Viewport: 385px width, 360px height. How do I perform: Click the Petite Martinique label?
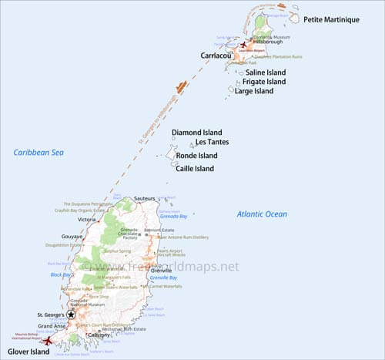(x=331, y=19)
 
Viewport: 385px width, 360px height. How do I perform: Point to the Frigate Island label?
(x=264, y=82)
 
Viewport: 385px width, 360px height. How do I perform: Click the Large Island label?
(x=253, y=91)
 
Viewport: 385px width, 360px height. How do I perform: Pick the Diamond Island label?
(x=196, y=132)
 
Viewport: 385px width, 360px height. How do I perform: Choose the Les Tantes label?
(x=212, y=142)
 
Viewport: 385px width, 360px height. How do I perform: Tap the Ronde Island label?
(x=196, y=155)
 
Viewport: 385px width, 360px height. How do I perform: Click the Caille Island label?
(x=195, y=168)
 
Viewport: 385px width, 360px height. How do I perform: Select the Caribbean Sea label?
(x=38, y=153)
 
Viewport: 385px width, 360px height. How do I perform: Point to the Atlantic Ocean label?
(x=261, y=214)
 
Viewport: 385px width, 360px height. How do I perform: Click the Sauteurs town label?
(x=145, y=199)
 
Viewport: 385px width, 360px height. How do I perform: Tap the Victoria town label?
(x=86, y=220)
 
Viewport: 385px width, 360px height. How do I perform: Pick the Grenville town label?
(x=161, y=271)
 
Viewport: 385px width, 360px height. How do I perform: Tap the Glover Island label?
(x=28, y=352)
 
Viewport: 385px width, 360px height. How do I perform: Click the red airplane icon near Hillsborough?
(x=245, y=45)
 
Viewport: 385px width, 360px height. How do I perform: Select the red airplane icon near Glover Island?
(x=48, y=340)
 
